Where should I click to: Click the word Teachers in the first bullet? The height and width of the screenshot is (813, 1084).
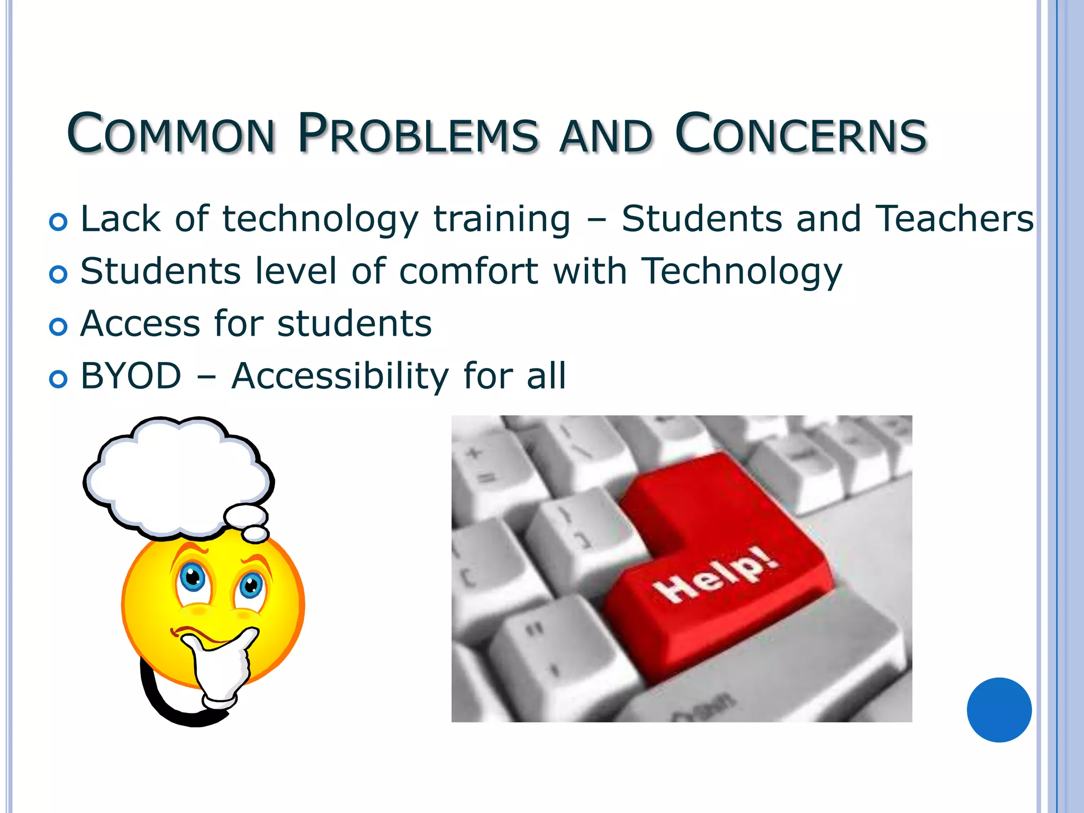coord(954,219)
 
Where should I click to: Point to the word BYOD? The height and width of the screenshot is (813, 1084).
coord(131,376)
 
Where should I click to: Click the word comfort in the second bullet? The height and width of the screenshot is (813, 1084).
coord(468,272)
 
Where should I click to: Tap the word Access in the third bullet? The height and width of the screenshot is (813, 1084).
coord(140,324)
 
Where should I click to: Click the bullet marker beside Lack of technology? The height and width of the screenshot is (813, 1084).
coord(58,222)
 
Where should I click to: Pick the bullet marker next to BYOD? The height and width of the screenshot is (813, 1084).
coord(58,379)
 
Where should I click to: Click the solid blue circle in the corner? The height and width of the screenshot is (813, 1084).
coord(999,710)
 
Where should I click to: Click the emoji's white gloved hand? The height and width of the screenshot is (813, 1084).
coord(220,667)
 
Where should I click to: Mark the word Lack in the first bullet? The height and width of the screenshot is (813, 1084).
coord(120,219)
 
